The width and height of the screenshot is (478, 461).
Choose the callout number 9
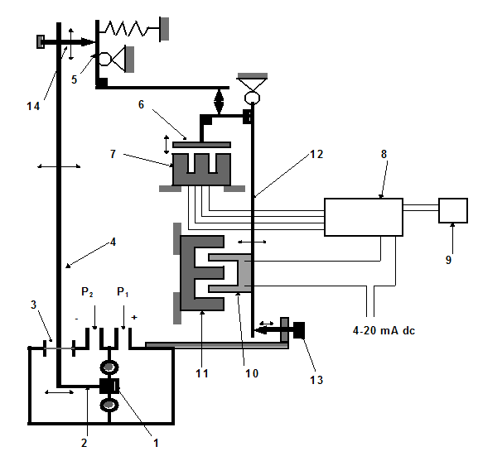pyautogui.click(x=448, y=259)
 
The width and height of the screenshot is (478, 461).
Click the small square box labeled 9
pyautogui.click(x=453, y=211)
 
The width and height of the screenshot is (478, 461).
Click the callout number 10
pyautogui.click(x=252, y=373)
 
